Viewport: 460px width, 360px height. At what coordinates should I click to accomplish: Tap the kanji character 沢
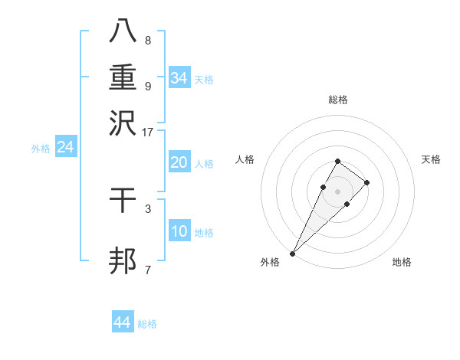pos(123,122)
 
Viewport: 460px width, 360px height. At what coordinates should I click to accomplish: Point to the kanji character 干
pos(123,202)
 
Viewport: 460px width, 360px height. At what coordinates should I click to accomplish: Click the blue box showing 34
pos(179,77)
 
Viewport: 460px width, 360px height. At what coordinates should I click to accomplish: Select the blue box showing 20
pos(179,162)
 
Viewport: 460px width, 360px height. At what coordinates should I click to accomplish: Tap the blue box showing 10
pos(179,231)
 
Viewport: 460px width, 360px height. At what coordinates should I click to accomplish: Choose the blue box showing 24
pos(66,147)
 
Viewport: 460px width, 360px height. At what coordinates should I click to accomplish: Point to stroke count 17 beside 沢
pos(147,132)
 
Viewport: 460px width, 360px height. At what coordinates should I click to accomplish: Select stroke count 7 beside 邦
pos(147,270)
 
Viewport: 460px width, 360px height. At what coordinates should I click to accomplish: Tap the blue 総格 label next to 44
pos(147,324)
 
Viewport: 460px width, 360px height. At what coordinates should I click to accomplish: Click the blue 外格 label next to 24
pos(41,149)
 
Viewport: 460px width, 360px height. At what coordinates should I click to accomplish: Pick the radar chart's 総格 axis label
pos(337,100)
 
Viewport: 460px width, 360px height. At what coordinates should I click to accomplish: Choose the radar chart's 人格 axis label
pos(245,159)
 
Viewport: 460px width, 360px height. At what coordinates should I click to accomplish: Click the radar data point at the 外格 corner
pos(292,253)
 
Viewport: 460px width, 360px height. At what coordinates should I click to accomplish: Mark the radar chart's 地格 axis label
pos(402,262)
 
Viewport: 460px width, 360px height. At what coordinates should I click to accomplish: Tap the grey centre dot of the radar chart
pos(337,190)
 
